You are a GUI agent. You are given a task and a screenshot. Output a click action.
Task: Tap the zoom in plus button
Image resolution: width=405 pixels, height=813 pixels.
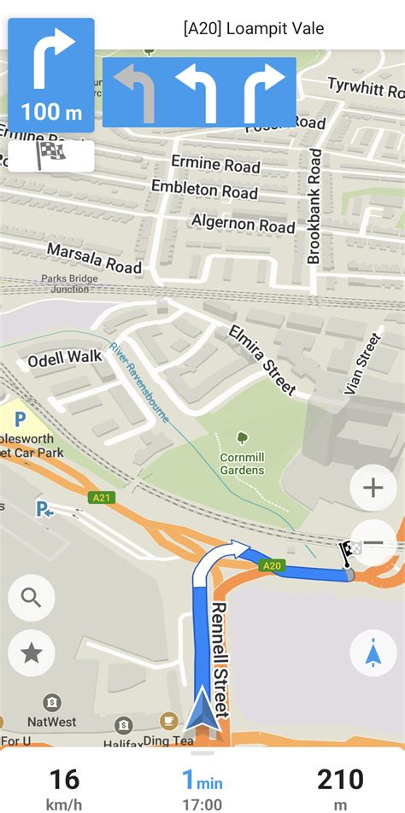(373, 488)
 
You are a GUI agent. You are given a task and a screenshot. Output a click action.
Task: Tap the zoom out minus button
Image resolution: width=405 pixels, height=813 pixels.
(373, 543)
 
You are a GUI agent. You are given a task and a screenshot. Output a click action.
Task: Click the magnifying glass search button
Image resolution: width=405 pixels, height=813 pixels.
(32, 598)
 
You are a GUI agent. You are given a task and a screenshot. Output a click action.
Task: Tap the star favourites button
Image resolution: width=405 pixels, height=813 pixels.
(32, 653)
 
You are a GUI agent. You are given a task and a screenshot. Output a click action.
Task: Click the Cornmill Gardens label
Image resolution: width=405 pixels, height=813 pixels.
(241, 462)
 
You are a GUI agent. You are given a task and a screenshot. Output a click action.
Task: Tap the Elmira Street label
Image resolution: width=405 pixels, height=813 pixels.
(262, 360)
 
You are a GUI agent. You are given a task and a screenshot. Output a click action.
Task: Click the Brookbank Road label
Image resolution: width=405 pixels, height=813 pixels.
(314, 206)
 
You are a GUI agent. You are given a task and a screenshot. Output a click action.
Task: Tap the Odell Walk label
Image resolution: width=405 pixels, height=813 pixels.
(65, 360)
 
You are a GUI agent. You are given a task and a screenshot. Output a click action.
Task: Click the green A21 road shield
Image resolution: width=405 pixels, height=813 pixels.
(100, 497)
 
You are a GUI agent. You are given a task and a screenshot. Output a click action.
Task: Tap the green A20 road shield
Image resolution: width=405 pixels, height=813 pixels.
(272, 564)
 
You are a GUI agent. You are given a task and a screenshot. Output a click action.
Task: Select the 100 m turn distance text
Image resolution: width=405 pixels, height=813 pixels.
(51, 112)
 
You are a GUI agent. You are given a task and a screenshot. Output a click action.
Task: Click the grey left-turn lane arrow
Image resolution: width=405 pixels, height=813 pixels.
(134, 91)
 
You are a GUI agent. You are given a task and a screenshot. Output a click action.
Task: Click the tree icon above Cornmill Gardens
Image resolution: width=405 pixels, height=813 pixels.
(242, 438)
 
